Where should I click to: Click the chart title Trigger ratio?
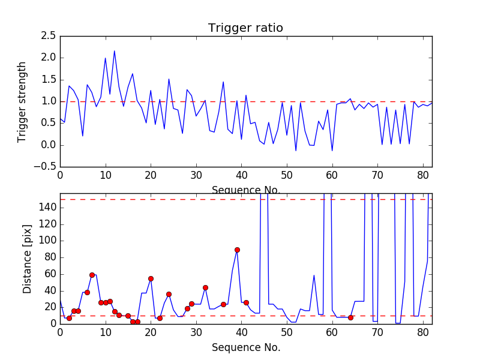point(245,28)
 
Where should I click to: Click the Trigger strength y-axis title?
point(22,101)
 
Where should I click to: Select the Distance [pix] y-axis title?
point(28,259)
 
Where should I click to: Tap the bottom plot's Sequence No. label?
point(245,347)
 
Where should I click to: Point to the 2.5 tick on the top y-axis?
point(49,36)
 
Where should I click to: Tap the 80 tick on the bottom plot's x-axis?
point(423,332)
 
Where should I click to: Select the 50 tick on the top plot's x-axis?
point(287,175)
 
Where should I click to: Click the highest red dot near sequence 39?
point(237,250)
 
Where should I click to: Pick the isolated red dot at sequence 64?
point(350,317)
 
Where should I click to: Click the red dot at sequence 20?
point(151,278)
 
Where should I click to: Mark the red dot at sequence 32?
point(205,287)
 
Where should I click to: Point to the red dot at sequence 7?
point(92,275)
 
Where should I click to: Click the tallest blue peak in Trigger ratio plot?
point(115,51)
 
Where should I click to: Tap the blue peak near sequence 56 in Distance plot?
point(314,275)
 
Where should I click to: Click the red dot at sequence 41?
point(246,302)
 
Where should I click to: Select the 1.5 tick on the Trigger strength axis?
point(49,80)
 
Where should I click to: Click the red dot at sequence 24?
point(169,294)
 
